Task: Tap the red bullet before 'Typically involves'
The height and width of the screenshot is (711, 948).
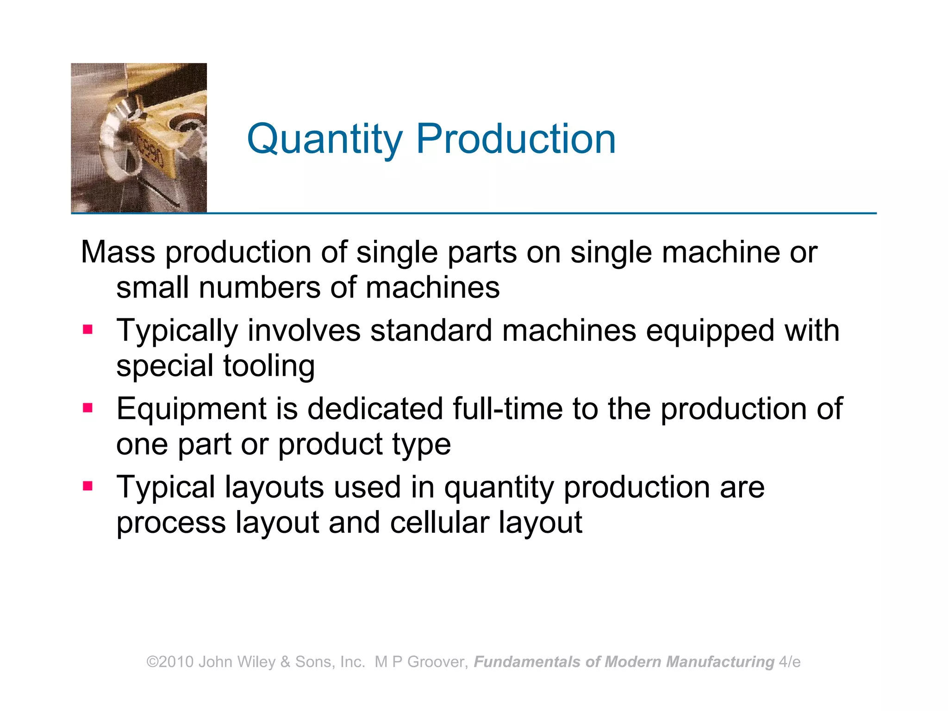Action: [87, 330]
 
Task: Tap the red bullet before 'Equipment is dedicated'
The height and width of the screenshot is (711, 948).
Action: [87, 408]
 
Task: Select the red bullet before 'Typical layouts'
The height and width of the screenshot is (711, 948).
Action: [87, 486]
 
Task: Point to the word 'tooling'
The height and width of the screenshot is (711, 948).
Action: [269, 367]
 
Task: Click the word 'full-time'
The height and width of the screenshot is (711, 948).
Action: [507, 409]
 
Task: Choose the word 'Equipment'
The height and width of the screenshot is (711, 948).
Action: [192, 410]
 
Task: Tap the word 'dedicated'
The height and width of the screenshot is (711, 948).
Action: [375, 409]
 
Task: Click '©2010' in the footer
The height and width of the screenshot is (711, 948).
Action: [170, 662]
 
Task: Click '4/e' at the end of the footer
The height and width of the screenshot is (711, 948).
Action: [790, 662]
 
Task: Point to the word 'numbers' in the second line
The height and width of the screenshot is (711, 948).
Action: [259, 288]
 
